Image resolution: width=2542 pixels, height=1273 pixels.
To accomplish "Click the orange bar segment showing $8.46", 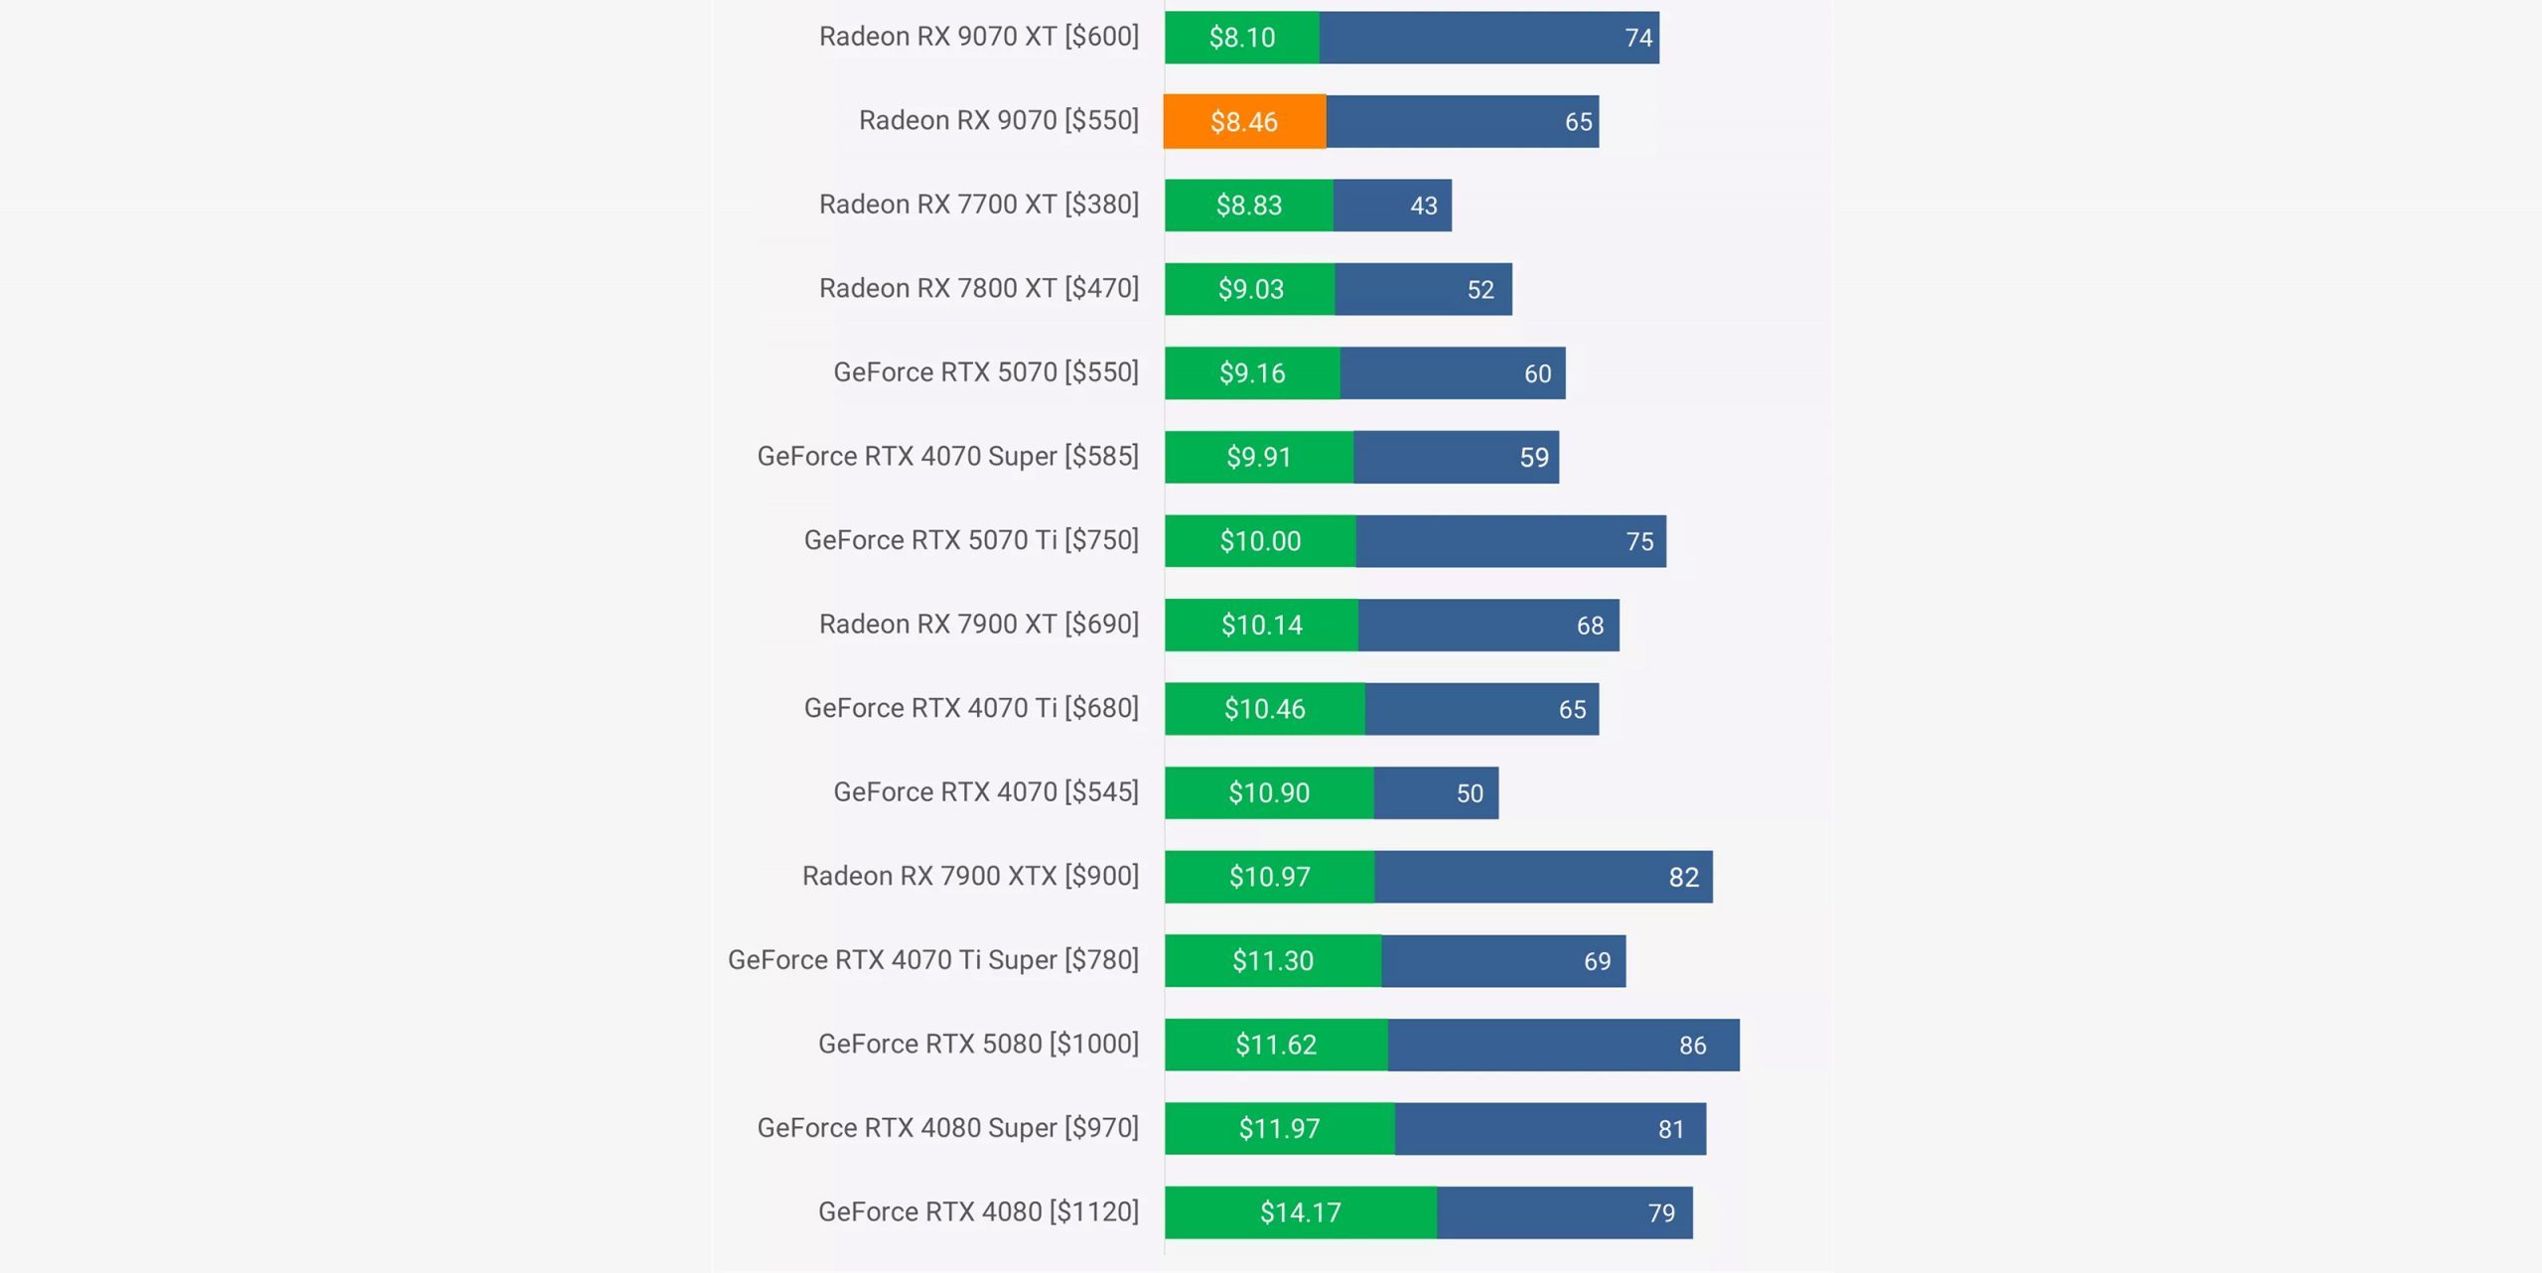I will (1244, 121).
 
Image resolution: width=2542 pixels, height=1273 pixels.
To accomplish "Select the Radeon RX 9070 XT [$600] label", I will (978, 37).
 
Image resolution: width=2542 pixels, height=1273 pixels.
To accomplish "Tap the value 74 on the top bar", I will (1638, 38).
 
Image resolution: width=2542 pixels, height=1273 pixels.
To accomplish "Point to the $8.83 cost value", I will (1249, 206).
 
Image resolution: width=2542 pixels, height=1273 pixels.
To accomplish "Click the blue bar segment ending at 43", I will (1391, 206).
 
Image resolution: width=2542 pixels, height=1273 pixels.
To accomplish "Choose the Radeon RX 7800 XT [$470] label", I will (978, 288).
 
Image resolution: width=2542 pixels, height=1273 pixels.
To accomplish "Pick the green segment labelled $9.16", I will (1252, 373).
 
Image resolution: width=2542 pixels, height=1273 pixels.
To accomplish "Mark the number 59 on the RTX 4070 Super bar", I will (1534, 458).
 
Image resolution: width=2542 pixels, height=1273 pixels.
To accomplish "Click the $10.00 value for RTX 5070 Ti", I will (1260, 541).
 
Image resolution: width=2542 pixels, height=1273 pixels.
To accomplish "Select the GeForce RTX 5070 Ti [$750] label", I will (971, 540).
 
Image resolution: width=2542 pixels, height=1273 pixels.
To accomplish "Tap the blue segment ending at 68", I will (1487, 626).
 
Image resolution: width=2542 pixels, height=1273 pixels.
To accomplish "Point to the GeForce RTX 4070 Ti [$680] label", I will (971, 708).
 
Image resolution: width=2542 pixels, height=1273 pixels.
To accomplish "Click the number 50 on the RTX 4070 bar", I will (1470, 793).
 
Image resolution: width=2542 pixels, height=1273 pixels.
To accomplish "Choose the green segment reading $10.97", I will (1270, 877).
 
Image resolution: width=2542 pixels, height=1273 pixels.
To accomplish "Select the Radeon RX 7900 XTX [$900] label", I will (970, 876).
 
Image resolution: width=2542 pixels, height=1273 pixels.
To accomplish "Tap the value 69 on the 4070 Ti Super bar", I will (1597, 961).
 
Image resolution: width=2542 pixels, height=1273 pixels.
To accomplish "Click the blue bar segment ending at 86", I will (1563, 1045).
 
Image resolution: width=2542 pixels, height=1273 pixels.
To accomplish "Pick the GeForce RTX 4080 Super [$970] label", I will (947, 1128).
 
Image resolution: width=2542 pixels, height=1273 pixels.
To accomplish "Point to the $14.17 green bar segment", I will (1300, 1212).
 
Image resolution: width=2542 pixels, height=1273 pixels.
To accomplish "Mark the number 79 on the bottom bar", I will (1661, 1213).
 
